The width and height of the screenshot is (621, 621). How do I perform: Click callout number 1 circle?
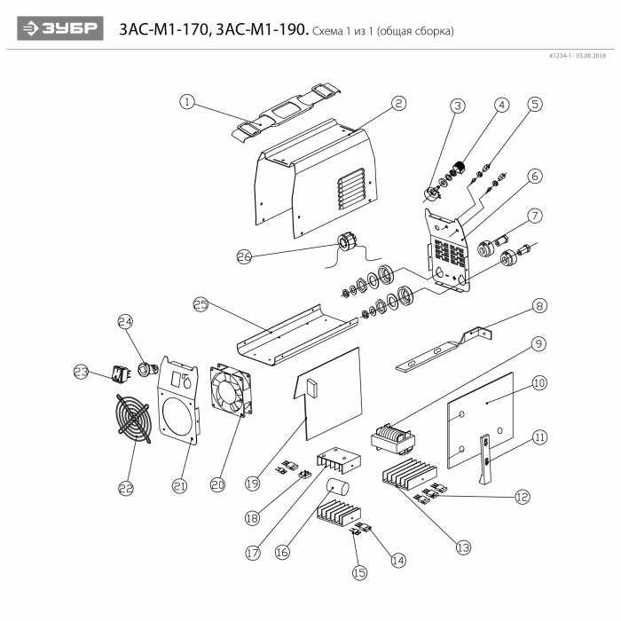pos(186,101)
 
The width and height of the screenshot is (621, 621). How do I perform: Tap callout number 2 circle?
pos(399,103)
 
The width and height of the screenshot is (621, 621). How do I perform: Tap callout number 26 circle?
pos(245,256)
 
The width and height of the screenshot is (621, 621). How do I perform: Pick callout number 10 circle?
pos(538,382)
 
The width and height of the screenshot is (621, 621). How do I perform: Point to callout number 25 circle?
pos(200,304)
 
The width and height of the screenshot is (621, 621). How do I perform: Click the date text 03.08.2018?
pos(589,56)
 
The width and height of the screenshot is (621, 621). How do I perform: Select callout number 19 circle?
pos(253,483)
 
